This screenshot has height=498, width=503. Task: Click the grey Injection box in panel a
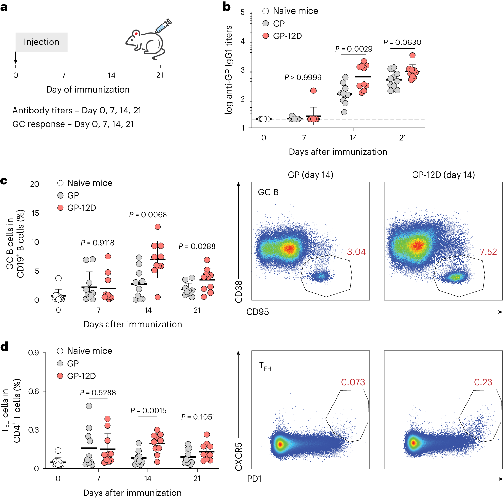(42, 42)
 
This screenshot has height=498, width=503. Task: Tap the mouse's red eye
(136, 34)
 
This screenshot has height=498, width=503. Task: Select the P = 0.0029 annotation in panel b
(354, 49)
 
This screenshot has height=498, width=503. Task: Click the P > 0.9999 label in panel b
(303, 78)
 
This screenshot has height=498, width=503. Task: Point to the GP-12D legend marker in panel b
(266, 36)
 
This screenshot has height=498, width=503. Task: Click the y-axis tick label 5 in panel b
(242, 13)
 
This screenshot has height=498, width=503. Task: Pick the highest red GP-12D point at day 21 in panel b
(412, 55)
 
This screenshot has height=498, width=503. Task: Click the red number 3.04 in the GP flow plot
(356, 252)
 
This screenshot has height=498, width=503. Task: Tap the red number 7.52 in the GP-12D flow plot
(488, 252)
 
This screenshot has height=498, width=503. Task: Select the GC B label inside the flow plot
(268, 192)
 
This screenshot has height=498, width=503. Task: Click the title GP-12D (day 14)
(443, 175)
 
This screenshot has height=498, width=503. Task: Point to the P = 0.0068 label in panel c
(148, 215)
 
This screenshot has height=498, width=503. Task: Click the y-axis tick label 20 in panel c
(34, 184)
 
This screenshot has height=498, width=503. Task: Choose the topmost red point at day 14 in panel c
(157, 227)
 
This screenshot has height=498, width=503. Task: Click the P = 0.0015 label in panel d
(148, 411)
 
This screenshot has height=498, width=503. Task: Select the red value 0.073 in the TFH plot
(353, 382)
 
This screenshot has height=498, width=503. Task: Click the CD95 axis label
(257, 312)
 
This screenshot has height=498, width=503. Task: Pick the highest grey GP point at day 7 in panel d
(89, 406)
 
